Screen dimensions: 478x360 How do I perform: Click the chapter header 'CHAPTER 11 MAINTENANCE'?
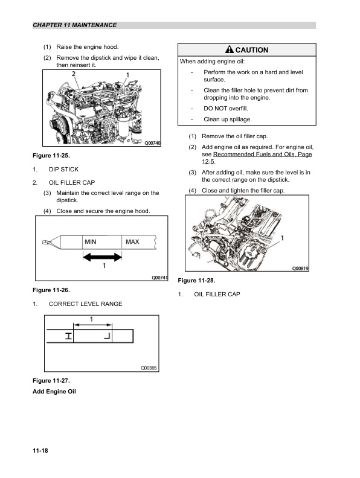(x=75, y=25)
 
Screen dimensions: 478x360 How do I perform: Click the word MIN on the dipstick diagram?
(x=91, y=242)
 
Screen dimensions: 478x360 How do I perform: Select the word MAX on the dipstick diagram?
(x=132, y=242)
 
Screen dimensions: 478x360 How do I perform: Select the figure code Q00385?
(x=149, y=368)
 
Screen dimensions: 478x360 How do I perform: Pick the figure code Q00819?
(x=300, y=269)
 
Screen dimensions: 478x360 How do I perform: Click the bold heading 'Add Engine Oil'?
(x=54, y=392)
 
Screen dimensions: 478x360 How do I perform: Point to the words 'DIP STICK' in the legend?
(x=63, y=170)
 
